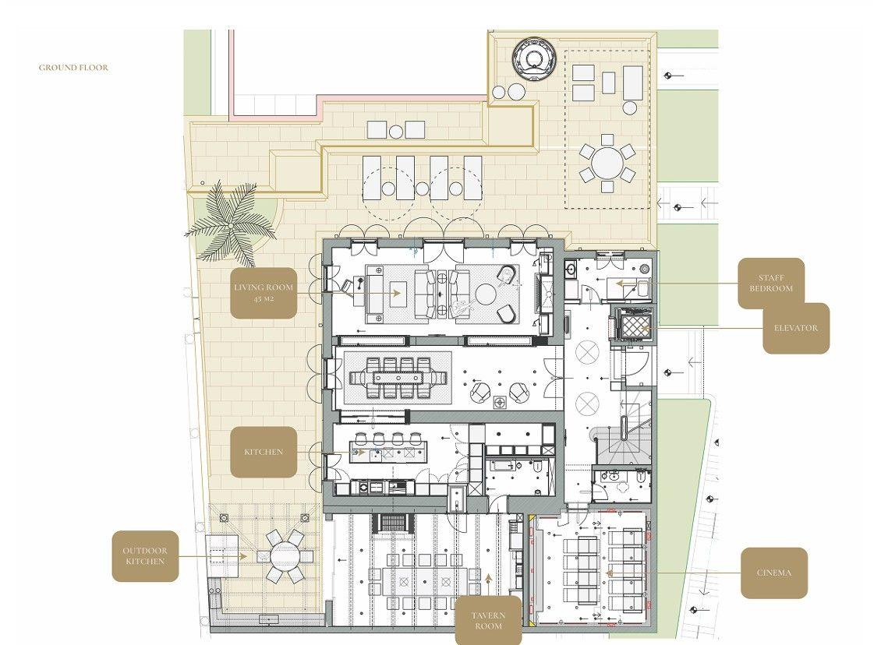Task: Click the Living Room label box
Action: pos(264,293)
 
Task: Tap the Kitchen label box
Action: pos(264,452)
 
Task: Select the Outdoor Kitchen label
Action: pos(145,555)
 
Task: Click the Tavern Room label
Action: pos(488,620)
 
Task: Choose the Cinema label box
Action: pos(774,573)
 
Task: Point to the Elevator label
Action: pos(796,328)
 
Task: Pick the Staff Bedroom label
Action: pos(771,283)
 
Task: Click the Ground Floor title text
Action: pos(73,67)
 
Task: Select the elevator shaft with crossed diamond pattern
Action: pos(633,325)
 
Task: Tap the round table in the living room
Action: pos(486,294)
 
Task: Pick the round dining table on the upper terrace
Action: pos(607,163)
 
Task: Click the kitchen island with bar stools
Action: pos(388,451)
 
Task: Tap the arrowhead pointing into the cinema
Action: pos(609,573)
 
